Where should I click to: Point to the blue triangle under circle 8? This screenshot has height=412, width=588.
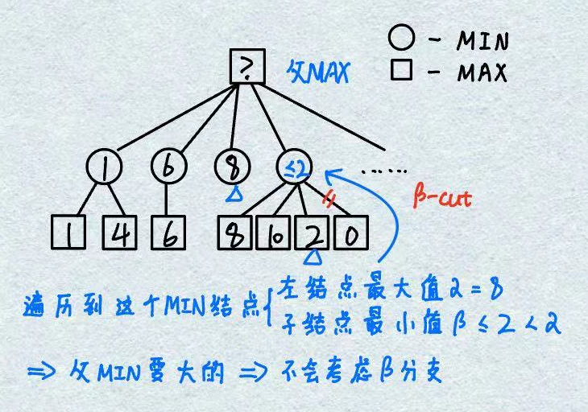click(x=233, y=194)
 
